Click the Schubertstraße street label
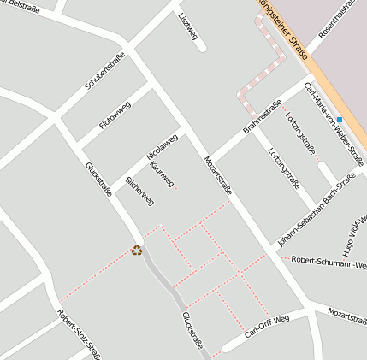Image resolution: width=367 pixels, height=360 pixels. click(105, 72)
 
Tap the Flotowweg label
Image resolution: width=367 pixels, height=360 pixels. click(115, 115)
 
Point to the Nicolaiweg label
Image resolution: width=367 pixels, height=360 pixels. click(162, 146)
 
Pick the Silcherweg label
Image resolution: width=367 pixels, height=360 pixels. click(139, 191)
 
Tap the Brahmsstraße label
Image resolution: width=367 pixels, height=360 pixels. click(263, 117)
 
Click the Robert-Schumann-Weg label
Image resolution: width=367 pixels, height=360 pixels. click(329, 261)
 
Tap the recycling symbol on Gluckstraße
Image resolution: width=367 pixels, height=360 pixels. click(137, 251)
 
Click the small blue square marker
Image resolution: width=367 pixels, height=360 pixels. click(339, 119)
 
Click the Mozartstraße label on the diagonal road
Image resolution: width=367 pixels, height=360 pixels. click(217, 177)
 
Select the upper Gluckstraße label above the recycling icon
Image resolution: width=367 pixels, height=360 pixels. click(98, 180)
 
